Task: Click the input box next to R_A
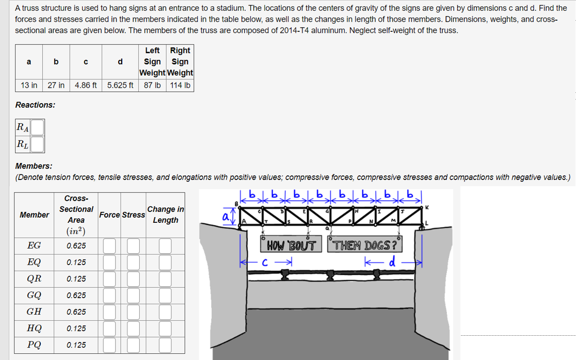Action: coord(37,127)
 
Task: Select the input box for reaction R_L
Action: coord(37,144)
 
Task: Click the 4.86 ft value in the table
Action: coord(86,85)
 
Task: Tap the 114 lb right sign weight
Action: coord(180,85)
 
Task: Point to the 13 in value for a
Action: coord(29,85)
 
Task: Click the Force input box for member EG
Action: coord(109,246)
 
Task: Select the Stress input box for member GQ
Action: coord(134,295)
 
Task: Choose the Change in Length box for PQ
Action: coord(165,345)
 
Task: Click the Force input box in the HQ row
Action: coord(109,328)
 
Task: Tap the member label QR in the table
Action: coord(34,279)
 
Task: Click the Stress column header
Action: coord(134,215)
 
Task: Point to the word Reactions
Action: coord(35,105)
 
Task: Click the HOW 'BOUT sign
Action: coord(292,246)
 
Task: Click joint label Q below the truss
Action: coord(327,228)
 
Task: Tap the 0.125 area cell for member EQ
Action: coord(76,262)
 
